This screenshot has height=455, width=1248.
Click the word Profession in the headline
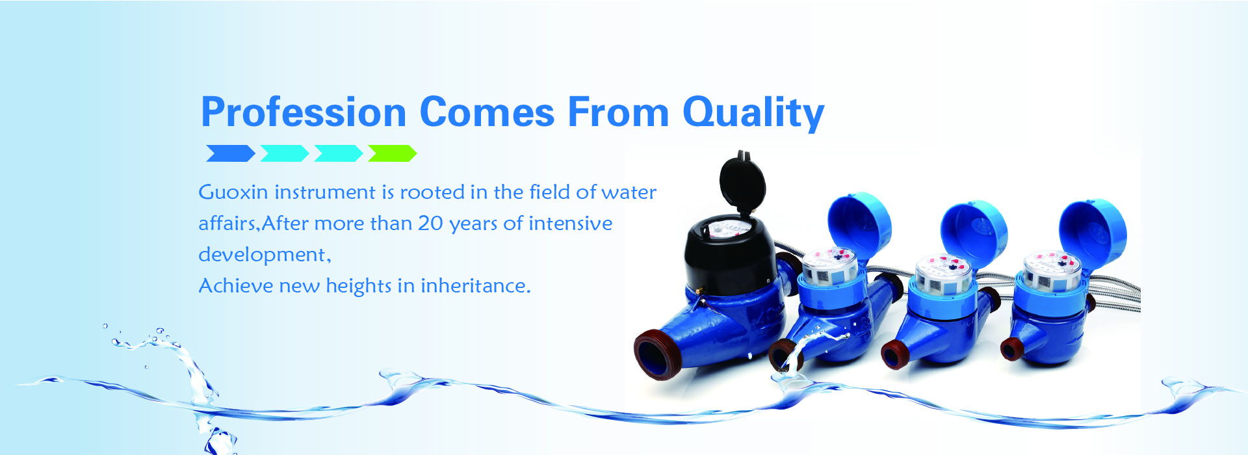304,112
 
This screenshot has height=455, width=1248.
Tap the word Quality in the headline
753,114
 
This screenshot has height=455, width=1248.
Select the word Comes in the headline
487,112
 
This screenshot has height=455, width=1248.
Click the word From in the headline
618,112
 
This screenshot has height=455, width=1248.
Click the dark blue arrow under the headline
231,153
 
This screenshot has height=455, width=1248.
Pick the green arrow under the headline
392,153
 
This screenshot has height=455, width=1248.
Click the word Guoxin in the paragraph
233,192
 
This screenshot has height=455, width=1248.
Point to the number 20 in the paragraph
430,223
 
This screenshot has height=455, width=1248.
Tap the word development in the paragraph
264,255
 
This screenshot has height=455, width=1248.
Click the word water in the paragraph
629,192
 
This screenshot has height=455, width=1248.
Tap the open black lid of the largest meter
742,183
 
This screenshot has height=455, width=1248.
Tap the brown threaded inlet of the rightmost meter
1011,349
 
